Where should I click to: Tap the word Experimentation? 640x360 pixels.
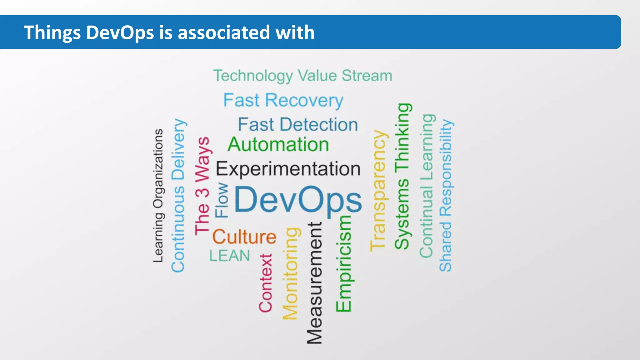pyautogui.click(x=288, y=169)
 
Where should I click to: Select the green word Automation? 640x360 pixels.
pyautogui.click(x=278, y=145)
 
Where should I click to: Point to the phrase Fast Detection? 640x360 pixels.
pyautogui.click(x=298, y=125)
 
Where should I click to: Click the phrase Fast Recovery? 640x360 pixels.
pyautogui.click(x=283, y=101)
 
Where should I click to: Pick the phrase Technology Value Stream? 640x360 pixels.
pyautogui.click(x=302, y=76)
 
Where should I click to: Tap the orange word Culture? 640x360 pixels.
pyautogui.click(x=244, y=237)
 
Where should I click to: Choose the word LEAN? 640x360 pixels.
pyautogui.click(x=230, y=256)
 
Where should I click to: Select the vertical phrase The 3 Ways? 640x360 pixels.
pyautogui.click(x=202, y=186)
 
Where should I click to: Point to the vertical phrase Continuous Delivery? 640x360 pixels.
pyautogui.click(x=178, y=195)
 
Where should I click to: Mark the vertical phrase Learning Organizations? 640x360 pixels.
pyautogui.click(x=158, y=195)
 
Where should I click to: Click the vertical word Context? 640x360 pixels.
pyautogui.click(x=266, y=283)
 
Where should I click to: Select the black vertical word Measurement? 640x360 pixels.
pyautogui.click(x=314, y=283)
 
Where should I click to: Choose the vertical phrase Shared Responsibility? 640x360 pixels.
pyautogui.click(x=446, y=195)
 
